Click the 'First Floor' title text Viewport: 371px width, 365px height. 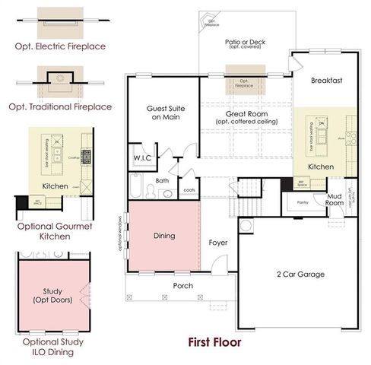pos(215,341)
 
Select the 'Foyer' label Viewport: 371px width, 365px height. pos(218,243)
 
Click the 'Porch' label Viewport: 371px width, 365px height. pos(183,286)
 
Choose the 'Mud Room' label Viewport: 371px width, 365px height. pos(335,199)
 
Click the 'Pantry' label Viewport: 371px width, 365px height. pos(302,203)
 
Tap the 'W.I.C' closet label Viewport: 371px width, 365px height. pos(144,157)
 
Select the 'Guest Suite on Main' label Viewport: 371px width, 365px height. pos(162,113)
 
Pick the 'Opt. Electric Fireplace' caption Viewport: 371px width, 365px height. pos(60,46)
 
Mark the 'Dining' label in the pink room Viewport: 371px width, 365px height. pos(164,236)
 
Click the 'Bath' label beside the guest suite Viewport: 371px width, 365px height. pos(163,180)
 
